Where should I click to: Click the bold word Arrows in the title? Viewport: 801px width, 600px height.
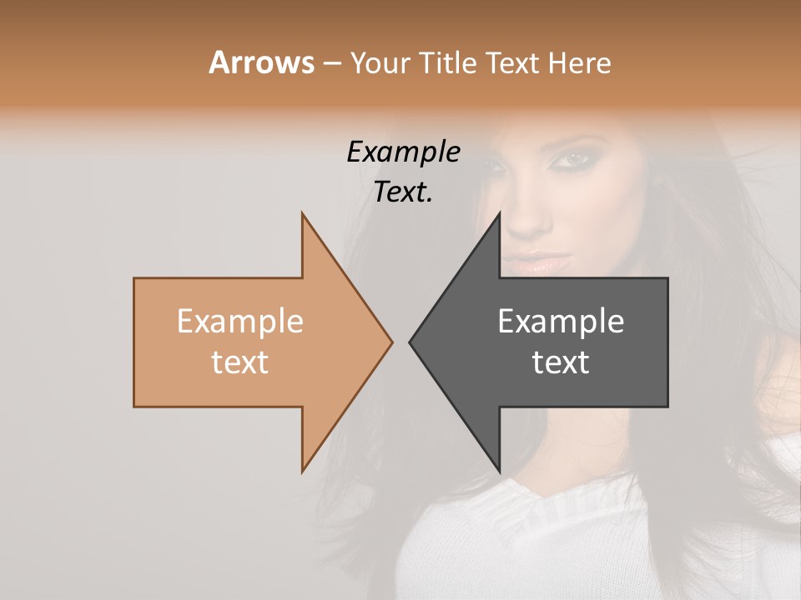(261, 63)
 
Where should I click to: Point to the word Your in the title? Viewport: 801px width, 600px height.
(380, 63)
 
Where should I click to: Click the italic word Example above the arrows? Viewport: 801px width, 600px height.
(403, 152)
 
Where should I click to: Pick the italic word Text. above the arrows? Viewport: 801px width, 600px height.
(403, 192)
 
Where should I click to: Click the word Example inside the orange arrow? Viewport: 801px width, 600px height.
(239, 322)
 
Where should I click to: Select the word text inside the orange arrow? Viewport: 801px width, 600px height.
(239, 362)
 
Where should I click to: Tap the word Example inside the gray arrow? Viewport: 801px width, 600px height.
(561, 322)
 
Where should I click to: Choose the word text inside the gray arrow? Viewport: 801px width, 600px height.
(561, 362)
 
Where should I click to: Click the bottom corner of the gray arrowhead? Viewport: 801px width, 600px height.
(499, 471)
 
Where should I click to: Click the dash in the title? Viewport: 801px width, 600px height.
(331, 63)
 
